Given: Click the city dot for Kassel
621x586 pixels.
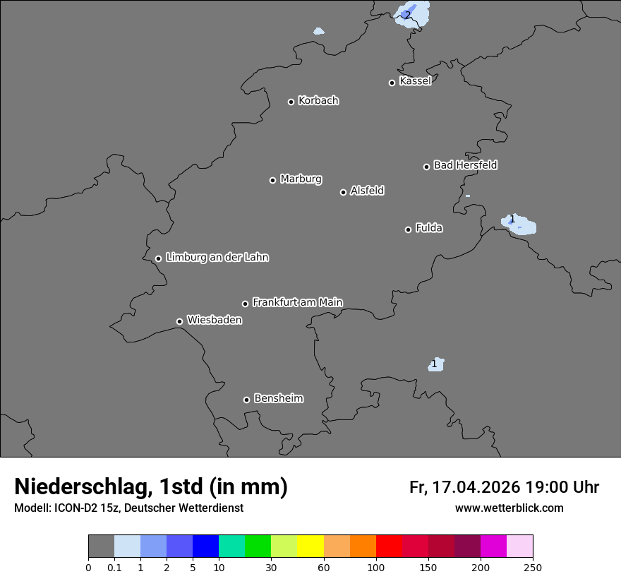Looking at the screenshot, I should point(392,83).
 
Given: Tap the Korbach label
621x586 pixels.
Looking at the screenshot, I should point(318,101).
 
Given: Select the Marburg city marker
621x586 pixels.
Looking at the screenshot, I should point(272,180).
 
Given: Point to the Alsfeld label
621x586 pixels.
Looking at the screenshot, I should point(367,191).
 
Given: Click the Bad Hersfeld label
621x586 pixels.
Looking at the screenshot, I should point(465,165).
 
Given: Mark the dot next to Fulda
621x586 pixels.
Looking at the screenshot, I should point(408,229).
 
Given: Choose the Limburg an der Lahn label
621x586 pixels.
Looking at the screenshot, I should point(217,258).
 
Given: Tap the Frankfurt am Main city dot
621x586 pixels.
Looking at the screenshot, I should point(246,304).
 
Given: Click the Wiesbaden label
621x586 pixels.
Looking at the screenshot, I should point(215,321).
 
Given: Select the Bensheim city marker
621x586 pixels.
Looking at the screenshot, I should point(246,400).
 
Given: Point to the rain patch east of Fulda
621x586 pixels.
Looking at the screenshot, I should point(519,224).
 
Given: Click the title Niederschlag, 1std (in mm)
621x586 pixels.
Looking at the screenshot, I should point(151,487).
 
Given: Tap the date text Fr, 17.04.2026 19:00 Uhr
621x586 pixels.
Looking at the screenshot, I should point(504,487).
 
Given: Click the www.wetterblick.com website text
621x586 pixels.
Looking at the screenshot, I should point(509,508).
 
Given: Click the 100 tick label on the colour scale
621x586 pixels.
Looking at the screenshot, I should point(376,568).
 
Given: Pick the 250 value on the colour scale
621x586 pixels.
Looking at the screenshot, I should point(533,568).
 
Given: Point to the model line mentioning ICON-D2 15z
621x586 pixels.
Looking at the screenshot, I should point(128,508).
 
